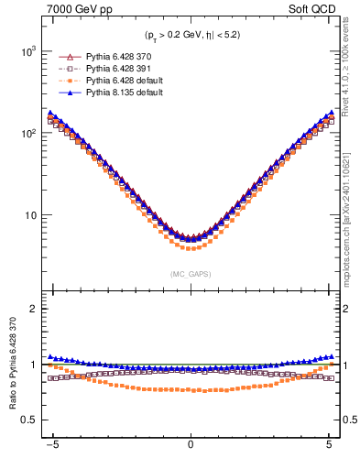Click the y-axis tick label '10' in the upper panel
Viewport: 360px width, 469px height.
point(30,216)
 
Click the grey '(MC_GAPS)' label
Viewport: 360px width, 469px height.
point(190,274)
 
